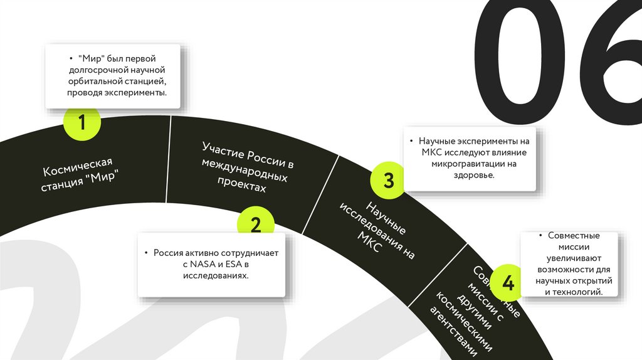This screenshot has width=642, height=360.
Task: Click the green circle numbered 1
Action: pyautogui.click(x=82, y=122)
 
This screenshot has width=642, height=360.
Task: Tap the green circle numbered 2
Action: pyautogui.click(x=255, y=225)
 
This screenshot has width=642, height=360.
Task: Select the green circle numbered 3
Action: pyautogui.click(x=388, y=181)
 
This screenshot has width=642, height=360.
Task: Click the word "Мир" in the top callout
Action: pyautogui.click(x=91, y=58)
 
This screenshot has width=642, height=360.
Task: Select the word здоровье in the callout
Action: pyautogui.click(x=474, y=176)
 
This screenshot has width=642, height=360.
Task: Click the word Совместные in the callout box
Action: pyautogui.click(x=574, y=236)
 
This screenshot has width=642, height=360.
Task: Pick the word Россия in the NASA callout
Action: pyautogui.click(x=167, y=253)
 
